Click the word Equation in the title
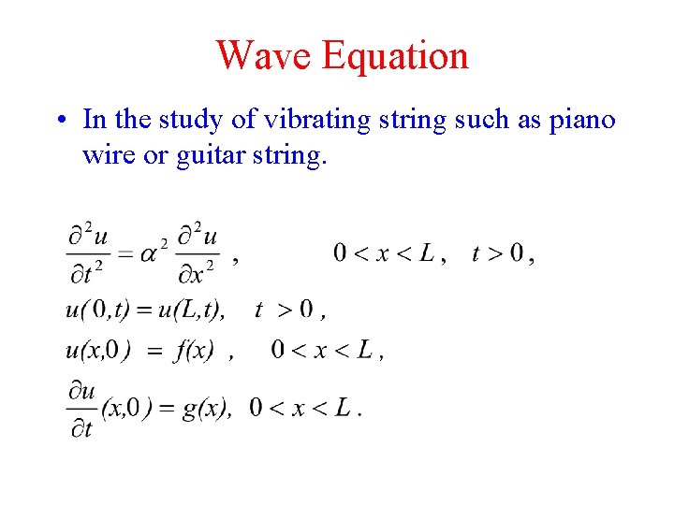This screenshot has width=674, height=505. (394, 55)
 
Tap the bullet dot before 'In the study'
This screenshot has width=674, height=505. (59, 121)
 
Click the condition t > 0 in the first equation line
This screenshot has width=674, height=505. (497, 253)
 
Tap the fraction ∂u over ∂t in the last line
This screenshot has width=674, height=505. (82, 409)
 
